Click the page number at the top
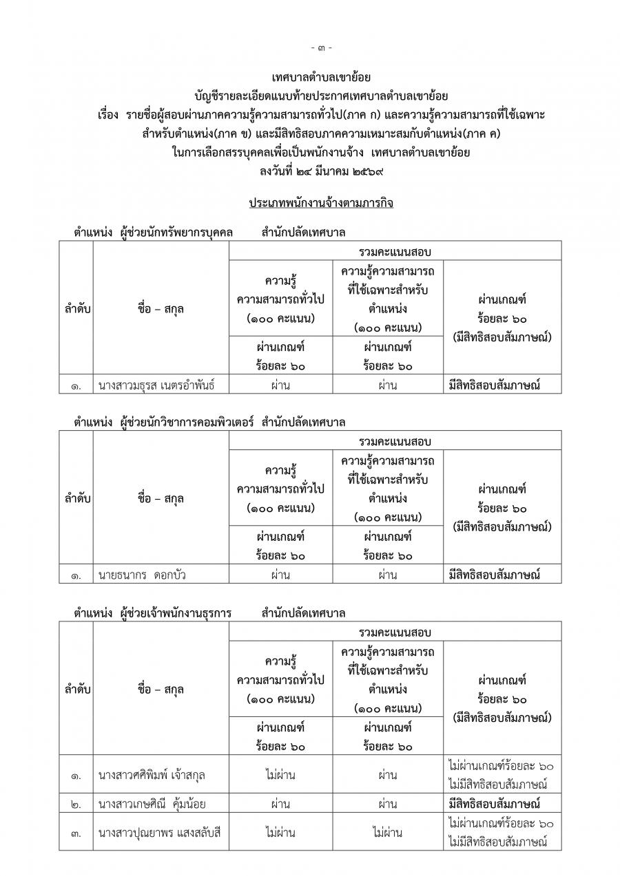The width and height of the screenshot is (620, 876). tap(321, 48)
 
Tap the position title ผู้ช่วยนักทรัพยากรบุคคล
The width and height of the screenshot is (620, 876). tap(176, 232)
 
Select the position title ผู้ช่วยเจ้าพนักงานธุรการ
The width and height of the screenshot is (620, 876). tap(176, 612)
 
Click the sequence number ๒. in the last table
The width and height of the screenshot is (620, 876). tap(76, 804)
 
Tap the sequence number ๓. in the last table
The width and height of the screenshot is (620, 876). tap(76, 833)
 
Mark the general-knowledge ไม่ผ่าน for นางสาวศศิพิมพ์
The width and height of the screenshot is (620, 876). tap(280, 776)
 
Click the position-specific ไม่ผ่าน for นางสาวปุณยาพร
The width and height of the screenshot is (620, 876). tap(387, 833)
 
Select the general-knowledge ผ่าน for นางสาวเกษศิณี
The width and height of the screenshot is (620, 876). tap(280, 804)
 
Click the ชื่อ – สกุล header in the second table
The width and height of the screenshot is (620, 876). tap(161, 499)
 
